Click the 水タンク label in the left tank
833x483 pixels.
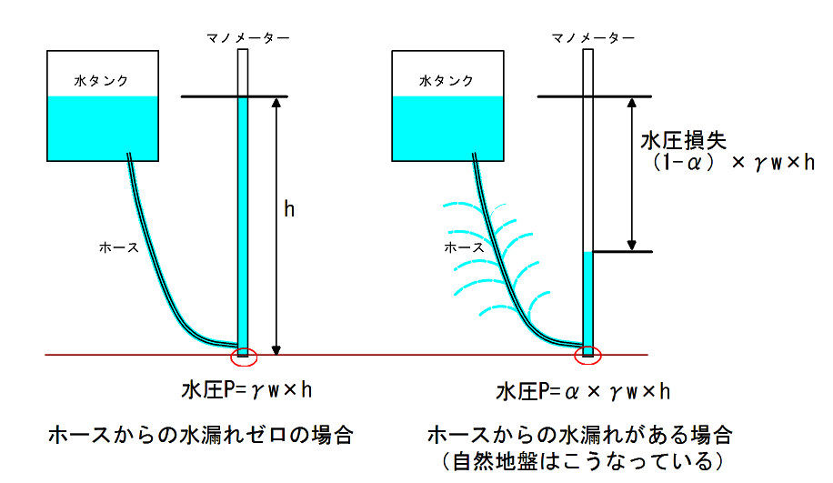101,81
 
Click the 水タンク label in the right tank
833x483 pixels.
446,81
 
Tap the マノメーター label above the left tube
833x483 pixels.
247,37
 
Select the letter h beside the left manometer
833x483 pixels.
288,210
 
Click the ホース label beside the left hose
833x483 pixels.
118,247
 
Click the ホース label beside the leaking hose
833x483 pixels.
463,247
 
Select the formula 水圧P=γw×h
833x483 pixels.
246,391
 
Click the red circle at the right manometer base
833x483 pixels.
588,354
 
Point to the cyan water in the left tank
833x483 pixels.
102,126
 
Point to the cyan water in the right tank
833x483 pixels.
447,126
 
